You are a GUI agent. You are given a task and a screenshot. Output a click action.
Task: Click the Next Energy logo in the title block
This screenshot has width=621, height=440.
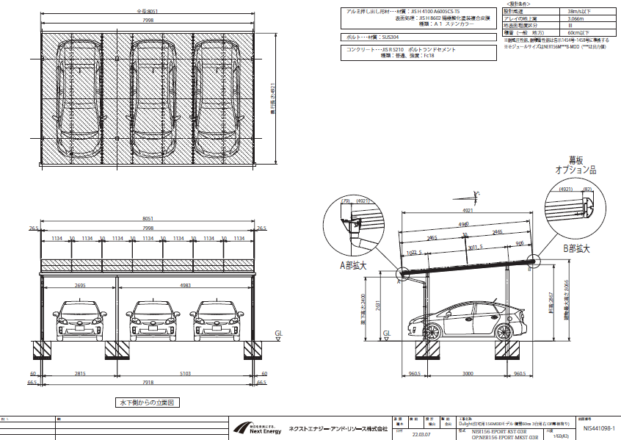point(257,428)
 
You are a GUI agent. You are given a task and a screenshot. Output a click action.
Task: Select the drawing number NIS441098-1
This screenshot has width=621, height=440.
point(598,428)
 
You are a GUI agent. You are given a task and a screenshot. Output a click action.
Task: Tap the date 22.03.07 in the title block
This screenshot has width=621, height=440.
point(421,433)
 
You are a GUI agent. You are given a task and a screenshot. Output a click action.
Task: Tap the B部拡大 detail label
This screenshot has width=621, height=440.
point(577,249)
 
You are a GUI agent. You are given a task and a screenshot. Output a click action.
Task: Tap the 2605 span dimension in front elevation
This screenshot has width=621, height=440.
point(81,286)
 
